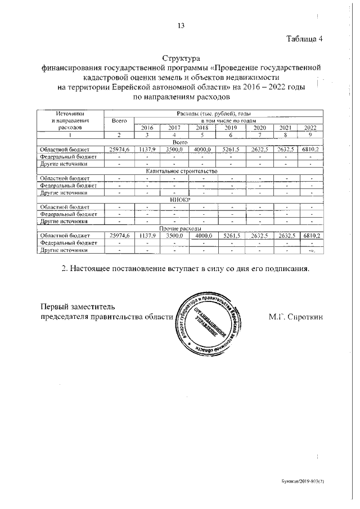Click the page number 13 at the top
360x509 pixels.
tap(181, 25)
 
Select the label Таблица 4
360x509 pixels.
tap(304, 39)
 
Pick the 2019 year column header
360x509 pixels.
tap(231, 128)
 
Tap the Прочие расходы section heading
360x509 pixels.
tap(181, 229)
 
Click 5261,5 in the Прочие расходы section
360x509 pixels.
tap(231, 236)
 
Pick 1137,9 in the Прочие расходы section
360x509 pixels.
tap(147, 236)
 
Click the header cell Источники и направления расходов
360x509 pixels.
tap(71, 120)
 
